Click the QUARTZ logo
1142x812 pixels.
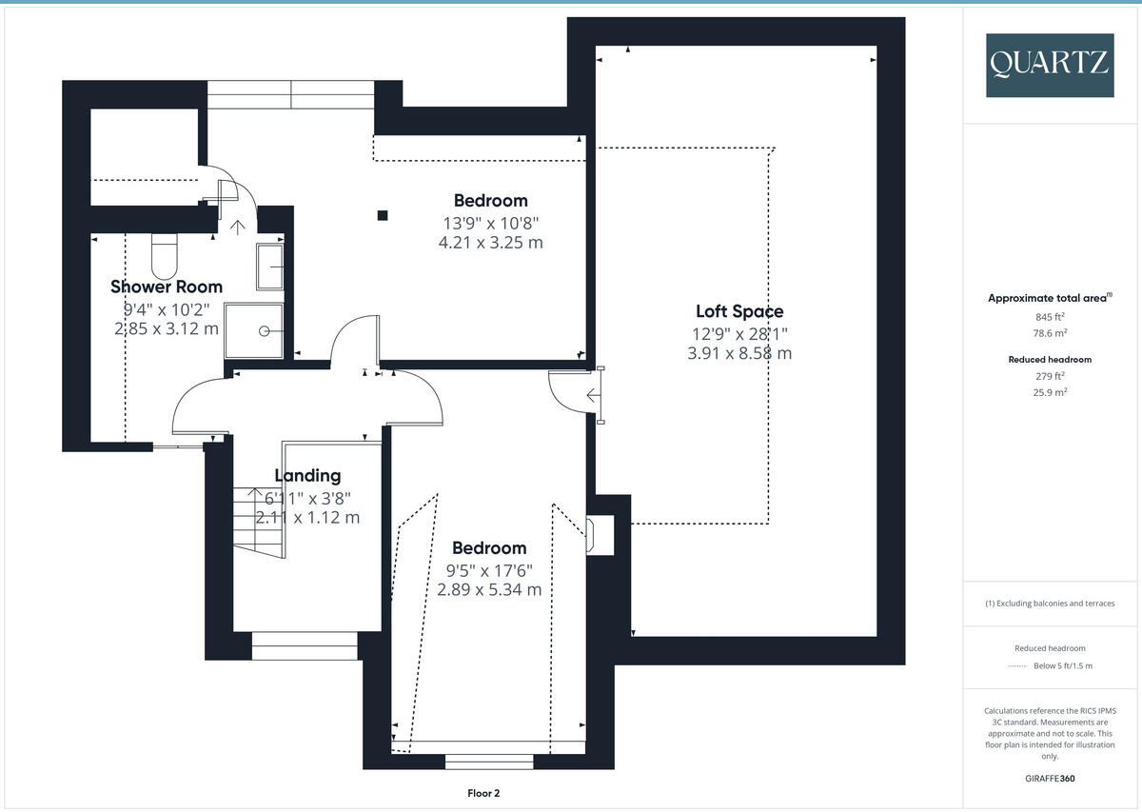(1050, 65)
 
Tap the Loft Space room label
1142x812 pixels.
(739, 311)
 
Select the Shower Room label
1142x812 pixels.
(167, 287)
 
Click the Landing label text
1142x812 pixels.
(307, 476)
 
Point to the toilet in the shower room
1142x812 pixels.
(165, 254)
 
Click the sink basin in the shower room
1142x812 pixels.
(269, 266)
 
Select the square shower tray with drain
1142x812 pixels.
(255, 330)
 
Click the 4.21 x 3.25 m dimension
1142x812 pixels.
(491, 242)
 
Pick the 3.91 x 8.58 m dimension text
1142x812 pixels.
(739, 353)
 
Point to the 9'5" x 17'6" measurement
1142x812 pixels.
(489, 570)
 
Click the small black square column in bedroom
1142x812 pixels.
(382, 215)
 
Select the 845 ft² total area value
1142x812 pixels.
(1050, 317)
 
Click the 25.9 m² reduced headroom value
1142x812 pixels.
(1050, 392)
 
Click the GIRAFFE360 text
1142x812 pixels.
(1050, 778)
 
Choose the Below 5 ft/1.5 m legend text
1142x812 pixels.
(1063, 665)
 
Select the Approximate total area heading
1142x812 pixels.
(1048, 298)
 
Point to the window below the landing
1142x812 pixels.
(305, 647)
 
